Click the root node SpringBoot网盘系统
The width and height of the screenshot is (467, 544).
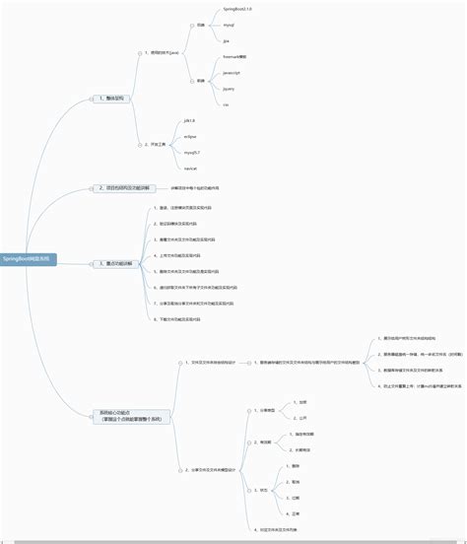[x=29, y=258]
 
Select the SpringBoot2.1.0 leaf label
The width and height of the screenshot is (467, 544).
[x=237, y=9]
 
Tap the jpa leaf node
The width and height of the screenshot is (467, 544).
[x=227, y=41]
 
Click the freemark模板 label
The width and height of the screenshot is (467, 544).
[x=234, y=57]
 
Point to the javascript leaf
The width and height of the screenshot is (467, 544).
[x=233, y=73]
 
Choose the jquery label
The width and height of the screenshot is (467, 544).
[x=229, y=88]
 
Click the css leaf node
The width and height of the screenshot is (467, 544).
[x=226, y=103]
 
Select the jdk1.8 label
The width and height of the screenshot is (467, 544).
[x=189, y=120]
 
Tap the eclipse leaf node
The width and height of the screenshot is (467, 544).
[x=190, y=136]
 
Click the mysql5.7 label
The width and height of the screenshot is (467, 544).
[x=192, y=152]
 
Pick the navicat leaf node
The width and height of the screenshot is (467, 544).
[x=190, y=168]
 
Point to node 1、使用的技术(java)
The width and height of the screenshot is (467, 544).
[x=163, y=52]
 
